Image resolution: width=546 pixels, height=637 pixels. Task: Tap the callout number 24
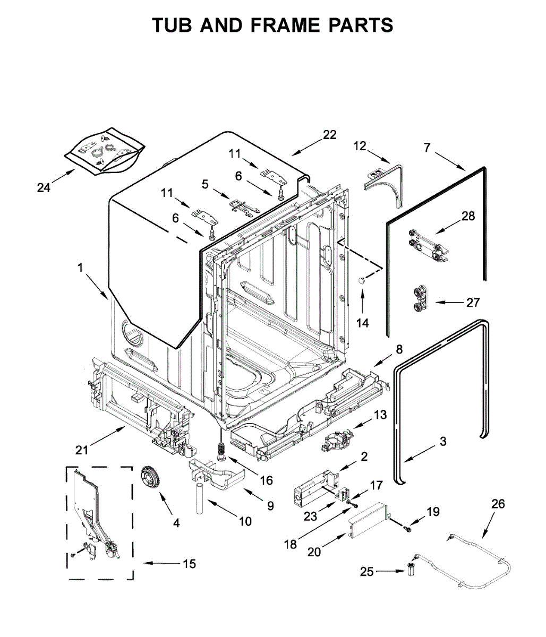[44, 187]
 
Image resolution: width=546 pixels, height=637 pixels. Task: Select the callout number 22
[329, 135]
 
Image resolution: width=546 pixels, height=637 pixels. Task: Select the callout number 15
[190, 564]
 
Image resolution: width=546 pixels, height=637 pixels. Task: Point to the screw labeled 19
[407, 528]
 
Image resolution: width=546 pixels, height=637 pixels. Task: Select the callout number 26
[498, 504]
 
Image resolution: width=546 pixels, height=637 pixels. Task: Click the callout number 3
[442, 441]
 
